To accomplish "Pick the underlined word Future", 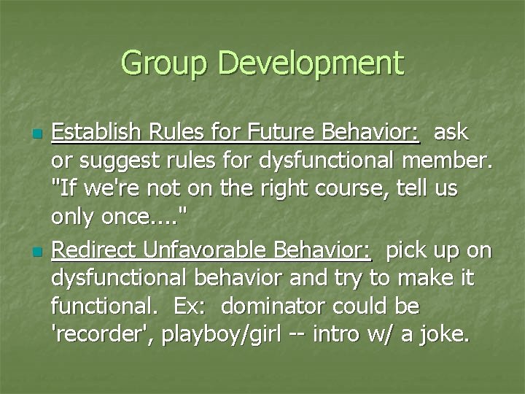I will [x=255, y=134].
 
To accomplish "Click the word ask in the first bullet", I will [x=452, y=134].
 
